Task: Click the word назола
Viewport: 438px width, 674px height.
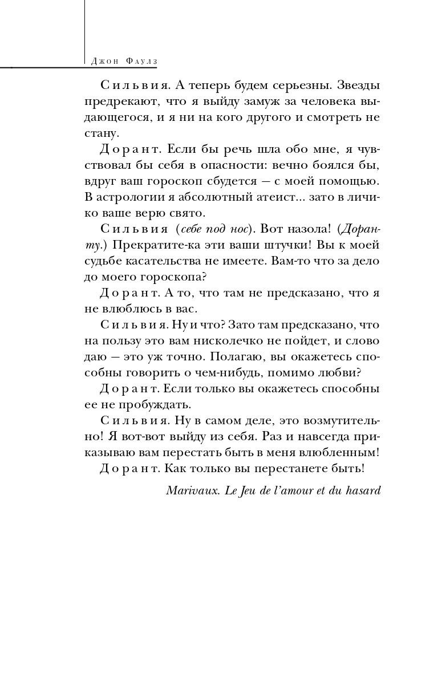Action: click(306, 230)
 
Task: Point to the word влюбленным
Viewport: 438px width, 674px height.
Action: click(336, 453)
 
